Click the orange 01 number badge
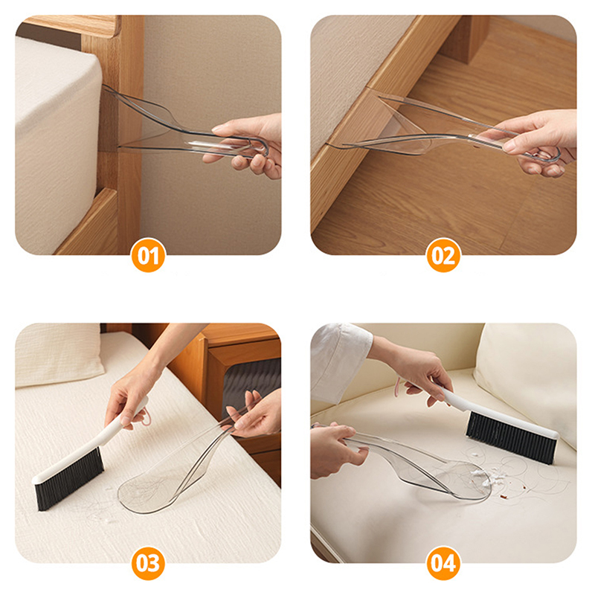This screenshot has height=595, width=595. point(148,255)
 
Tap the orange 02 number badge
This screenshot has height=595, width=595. point(443,255)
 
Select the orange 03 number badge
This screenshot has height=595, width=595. point(148,563)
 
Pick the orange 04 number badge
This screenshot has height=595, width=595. point(443,563)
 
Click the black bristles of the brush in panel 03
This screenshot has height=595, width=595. point(70,479)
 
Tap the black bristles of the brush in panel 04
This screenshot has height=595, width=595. point(510,437)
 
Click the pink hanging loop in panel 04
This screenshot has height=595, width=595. point(397,387)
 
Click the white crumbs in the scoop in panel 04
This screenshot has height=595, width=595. point(482,477)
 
